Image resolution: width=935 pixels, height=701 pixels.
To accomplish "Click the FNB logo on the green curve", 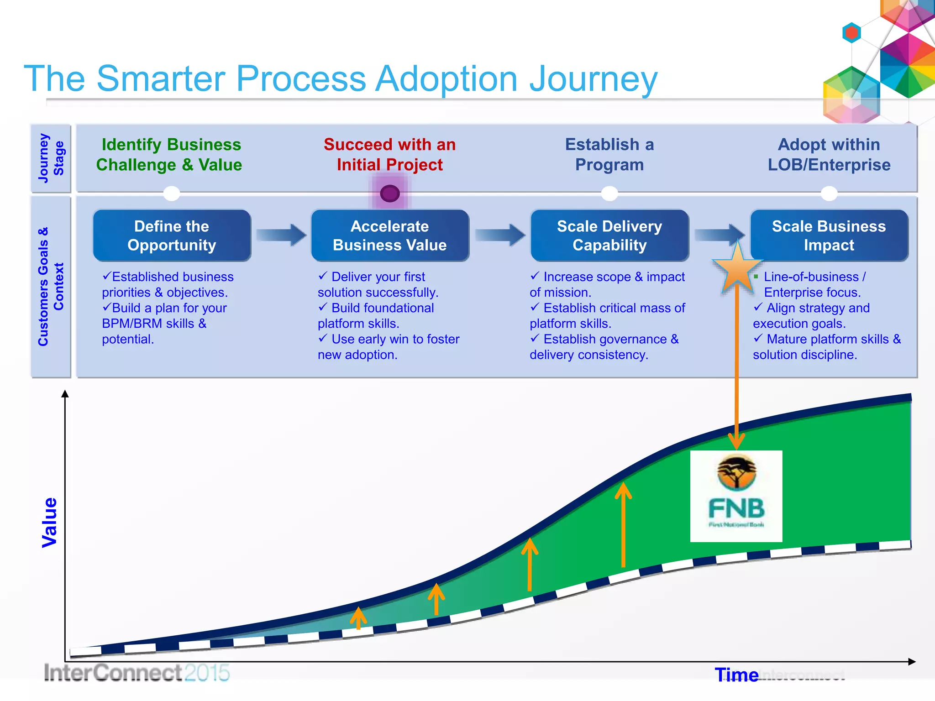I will (736, 496).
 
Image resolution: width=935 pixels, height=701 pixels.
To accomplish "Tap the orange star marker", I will (737, 269).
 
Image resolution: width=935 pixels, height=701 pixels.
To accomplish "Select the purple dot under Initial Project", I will (389, 194).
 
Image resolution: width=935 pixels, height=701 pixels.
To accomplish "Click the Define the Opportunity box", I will (172, 235).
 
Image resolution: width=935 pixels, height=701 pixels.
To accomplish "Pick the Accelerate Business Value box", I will (389, 235).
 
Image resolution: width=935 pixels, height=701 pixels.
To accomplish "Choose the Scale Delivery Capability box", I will (609, 235).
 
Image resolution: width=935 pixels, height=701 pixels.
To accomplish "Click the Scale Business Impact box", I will (829, 235).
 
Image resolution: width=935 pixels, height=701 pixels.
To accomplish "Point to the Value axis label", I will (49, 522).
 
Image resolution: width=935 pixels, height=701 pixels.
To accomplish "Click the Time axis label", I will (736, 675).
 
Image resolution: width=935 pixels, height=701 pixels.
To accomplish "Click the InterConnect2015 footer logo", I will (136, 673).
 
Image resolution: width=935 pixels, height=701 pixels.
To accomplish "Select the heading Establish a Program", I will (609, 154).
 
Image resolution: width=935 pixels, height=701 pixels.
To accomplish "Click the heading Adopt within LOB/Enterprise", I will (829, 154).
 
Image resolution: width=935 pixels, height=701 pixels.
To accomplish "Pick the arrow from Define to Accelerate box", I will (281, 235).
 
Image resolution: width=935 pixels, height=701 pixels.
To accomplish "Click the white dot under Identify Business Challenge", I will (172, 194).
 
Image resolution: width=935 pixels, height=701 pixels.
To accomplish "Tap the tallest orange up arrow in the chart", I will (623, 525).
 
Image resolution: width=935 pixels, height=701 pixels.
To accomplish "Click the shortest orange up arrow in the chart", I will (358, 618).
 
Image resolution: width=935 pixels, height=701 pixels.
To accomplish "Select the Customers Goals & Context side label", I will (51, 287).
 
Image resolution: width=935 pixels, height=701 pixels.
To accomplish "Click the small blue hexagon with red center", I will (851, 33).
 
